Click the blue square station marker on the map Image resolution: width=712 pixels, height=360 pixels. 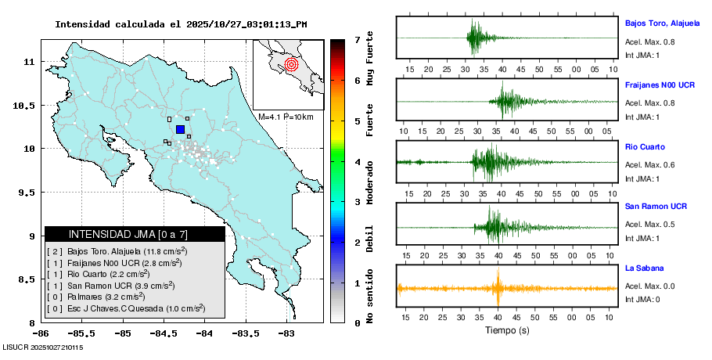click(x=180, y=129)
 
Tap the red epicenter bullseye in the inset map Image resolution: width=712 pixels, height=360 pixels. click(x=291, y=63)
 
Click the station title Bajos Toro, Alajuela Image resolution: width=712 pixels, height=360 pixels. click(x=667, y=23)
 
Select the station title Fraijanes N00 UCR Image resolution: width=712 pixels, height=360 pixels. click(x=660, y=84)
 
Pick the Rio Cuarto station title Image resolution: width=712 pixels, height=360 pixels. click(x=645, y=146)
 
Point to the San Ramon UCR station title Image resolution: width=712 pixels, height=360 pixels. click(x=656, y=207)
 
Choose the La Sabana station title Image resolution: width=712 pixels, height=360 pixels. click(x=644, y=268)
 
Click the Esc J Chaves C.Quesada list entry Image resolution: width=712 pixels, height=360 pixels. click(x=125, y=308)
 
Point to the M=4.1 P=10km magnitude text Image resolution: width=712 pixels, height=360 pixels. click(x=286, y=117)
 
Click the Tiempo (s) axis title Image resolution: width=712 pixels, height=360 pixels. click(x=506, y=330)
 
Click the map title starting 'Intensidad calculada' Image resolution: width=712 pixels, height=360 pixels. click(x=181, y=24)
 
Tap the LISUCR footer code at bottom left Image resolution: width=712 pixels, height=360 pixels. click(x=42, y=346)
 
